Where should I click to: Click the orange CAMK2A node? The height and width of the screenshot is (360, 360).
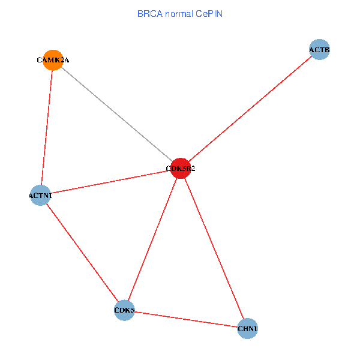(x=53, y=60)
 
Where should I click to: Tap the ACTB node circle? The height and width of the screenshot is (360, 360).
(x=319, y=50)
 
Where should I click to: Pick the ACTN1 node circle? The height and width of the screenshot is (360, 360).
(x=40, y=195)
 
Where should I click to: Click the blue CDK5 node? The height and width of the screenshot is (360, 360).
(x=124, y=310)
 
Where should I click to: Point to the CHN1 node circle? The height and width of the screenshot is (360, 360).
(x=247, y=329)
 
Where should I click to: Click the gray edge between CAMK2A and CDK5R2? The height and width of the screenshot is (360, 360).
(x=117, y=115)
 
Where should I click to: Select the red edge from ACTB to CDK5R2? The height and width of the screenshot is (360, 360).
(x=250, y=109)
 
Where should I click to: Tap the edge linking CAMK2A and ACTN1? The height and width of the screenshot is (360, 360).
(x=47, y=127)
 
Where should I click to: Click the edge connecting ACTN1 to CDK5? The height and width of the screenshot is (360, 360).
(x=82, y=253)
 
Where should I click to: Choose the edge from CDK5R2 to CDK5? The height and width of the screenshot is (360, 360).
(x=152, y=239)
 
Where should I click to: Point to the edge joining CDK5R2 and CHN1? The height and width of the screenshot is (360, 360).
(x=214, y=248)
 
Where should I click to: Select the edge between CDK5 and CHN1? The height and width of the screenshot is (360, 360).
(x=186, y=320)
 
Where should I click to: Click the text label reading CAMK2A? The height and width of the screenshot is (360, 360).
(x=52, y=60)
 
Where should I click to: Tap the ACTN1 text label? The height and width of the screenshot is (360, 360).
(x=40, y=196)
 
